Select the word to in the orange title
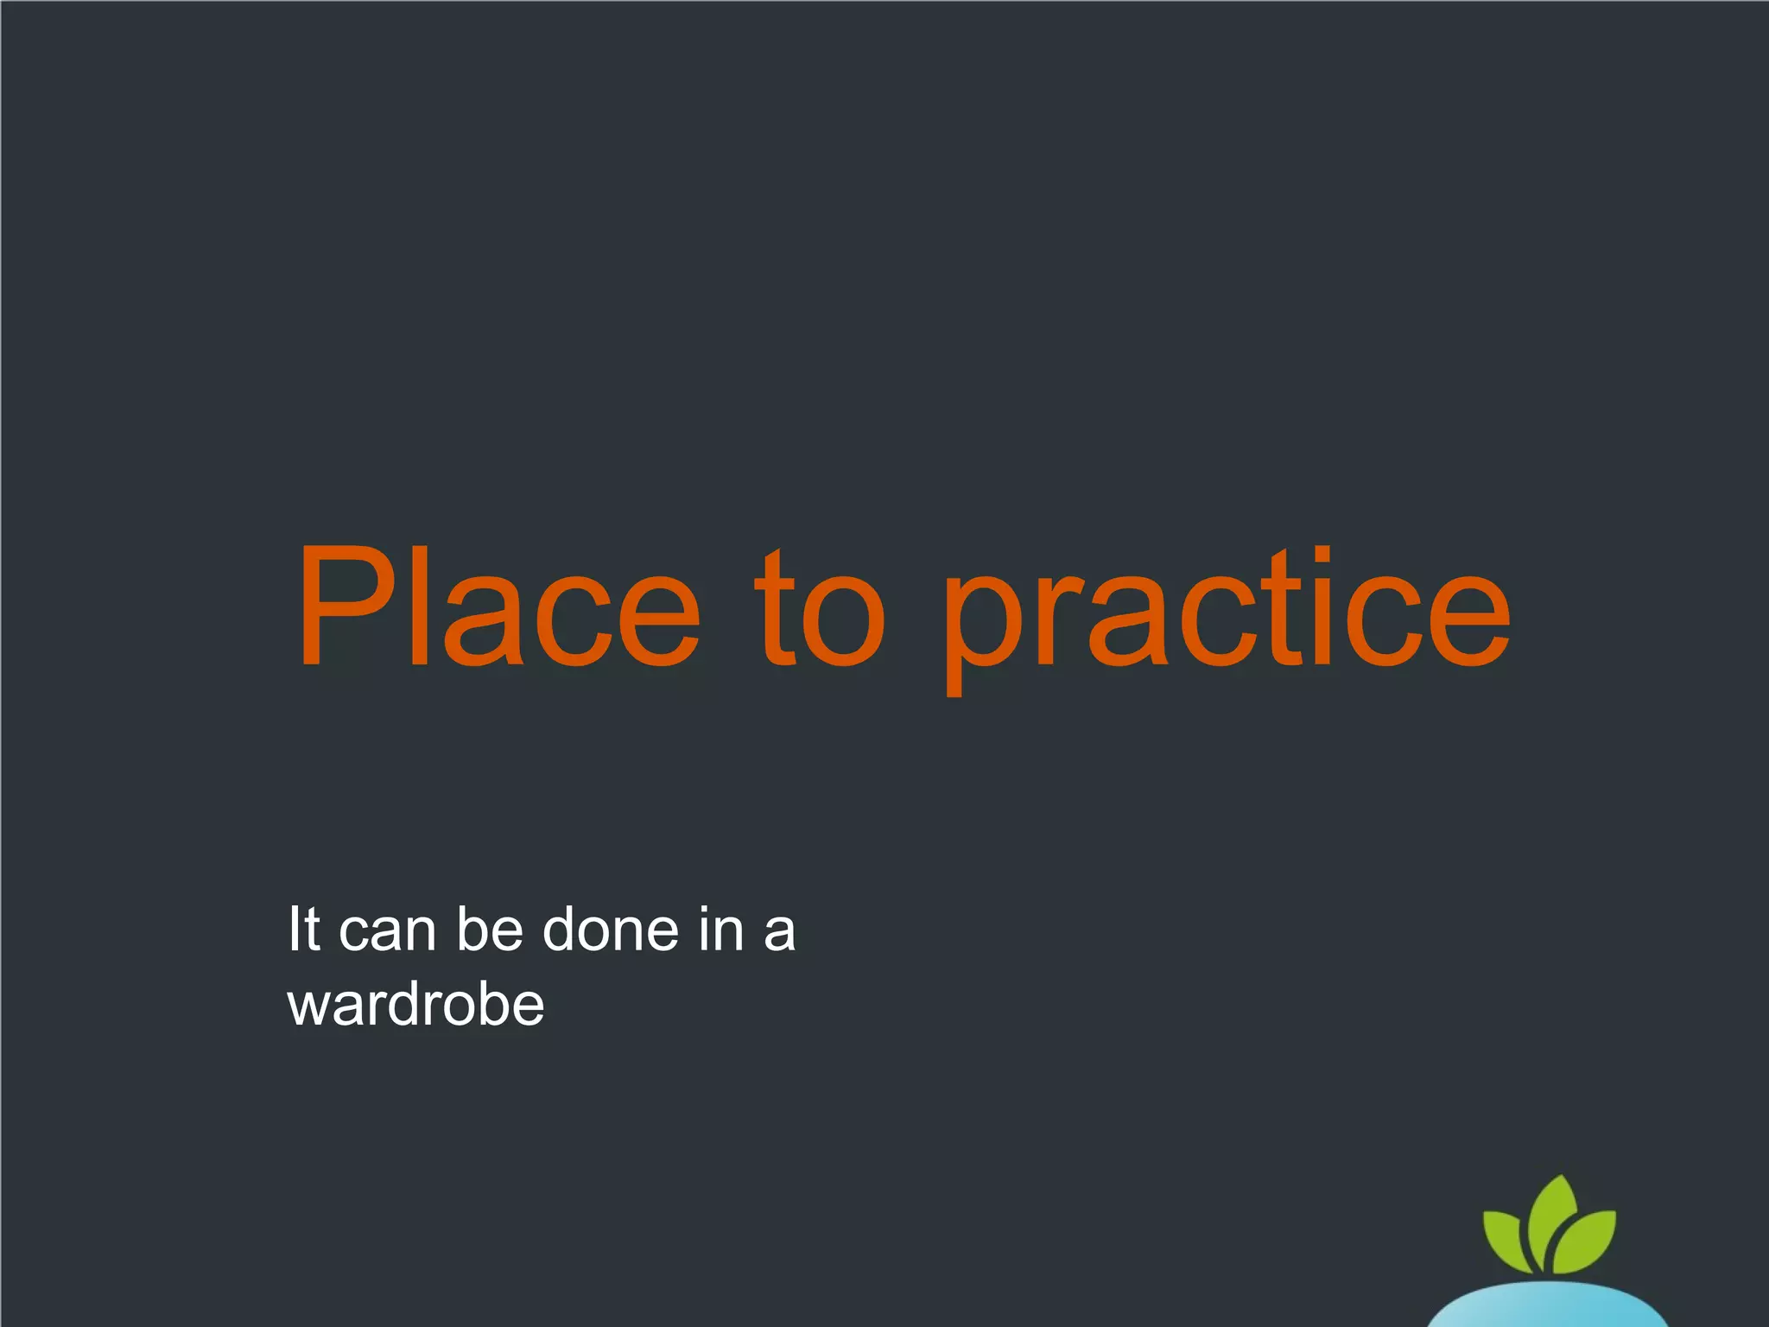pos(820,607)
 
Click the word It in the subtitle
pos(304,930)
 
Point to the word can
pos(387,933)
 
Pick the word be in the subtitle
pos(490,930)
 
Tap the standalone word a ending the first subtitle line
pos(779,934)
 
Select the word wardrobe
pos(415,1005)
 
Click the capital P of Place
pos(340,607)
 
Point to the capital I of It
pos(294,930)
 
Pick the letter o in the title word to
pos(843,619)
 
